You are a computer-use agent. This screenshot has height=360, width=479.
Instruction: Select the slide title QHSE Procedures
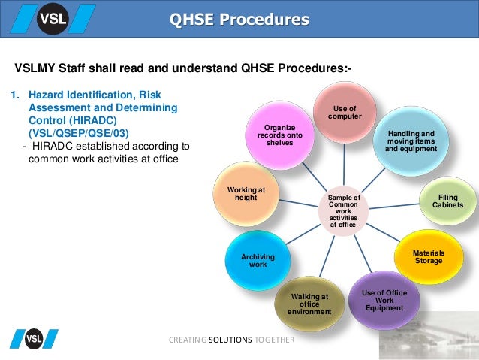239,19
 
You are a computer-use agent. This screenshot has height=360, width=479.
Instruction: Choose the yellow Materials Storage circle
429,256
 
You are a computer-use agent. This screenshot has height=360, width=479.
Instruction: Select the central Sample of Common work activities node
345,210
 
